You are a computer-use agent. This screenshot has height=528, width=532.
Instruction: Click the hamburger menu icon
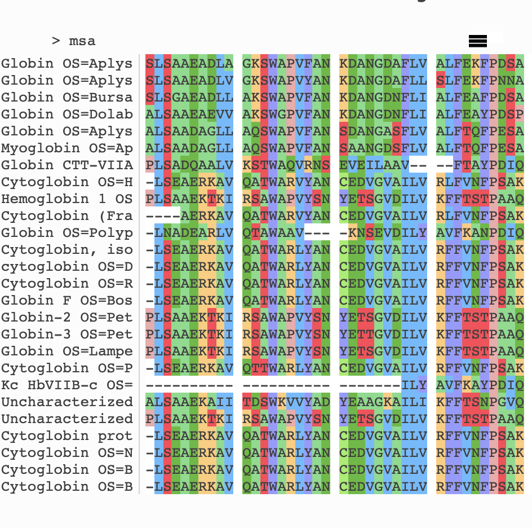pos(478,41)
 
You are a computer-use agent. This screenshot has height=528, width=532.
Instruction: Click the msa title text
pos(82,41)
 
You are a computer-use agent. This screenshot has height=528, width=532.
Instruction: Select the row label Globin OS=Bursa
pos(67,98)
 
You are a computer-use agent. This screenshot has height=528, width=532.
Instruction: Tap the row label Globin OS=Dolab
pos(67,115)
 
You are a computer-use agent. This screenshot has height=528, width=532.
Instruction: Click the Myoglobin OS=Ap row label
pos(67,148)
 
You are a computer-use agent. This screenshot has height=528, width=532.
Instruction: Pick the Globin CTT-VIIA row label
pos(67,165)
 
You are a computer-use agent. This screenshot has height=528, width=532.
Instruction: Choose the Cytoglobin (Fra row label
pos(67,216)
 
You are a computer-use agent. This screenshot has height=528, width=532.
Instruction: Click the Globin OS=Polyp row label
pos(67,233)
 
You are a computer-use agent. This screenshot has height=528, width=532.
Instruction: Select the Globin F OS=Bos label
pos(67,301)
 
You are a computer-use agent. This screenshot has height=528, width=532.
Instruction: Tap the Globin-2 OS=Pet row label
pos(67,318)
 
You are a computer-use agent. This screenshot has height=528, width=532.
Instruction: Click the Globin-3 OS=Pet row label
pos(67,335)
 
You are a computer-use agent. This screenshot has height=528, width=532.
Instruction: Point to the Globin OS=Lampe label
pos(67,351)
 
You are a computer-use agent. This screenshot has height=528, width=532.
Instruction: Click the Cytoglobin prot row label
pos(67,436)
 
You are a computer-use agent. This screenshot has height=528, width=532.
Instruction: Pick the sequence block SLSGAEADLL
pos(189,98)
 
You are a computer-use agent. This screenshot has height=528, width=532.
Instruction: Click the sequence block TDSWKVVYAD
pos(286,402)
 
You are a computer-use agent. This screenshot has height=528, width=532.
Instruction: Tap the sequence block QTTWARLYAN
pos(286,368)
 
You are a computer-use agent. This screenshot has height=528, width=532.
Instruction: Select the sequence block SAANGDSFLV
pos(383,148)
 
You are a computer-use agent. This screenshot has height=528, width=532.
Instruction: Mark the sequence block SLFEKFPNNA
pos(480,81)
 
